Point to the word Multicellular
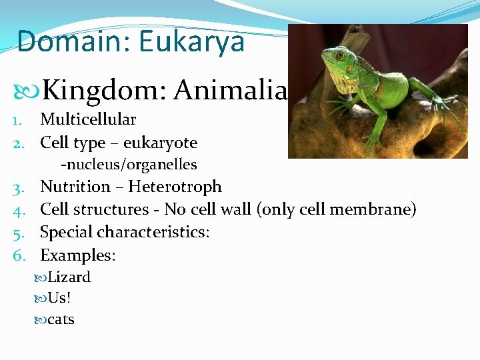[x=88, y=120]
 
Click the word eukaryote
[x=160, y=143]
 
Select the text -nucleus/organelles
[x=129, y=164]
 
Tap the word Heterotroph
[x=175, y=187]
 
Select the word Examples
[x=77, y=255]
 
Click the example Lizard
[x=69, y=277]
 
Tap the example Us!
[x=59, y=298]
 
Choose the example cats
[x=61, y=319]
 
